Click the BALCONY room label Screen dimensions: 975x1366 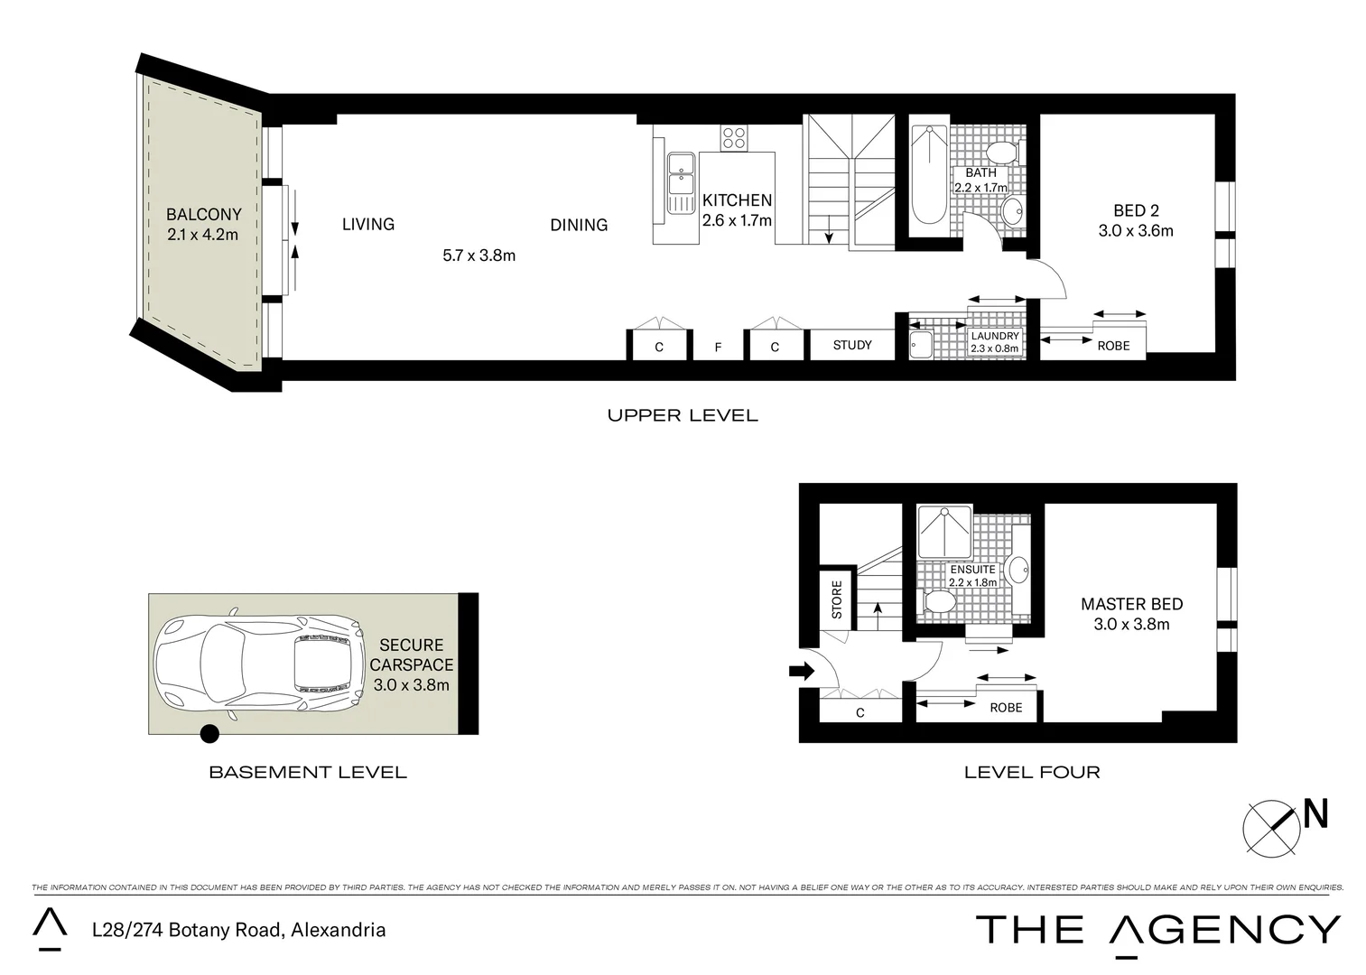point(203,215)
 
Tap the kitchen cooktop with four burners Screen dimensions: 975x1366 point(733,138)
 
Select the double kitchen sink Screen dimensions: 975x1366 point(681,183)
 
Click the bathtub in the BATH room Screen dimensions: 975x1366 point(928,175)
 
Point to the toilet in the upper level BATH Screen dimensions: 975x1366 point(1001,152)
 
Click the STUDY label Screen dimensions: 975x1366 point(851,345)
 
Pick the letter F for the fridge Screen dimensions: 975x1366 point(718,347)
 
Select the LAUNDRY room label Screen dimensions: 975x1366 point(994,336)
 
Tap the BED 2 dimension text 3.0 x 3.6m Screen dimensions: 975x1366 point(1135,231)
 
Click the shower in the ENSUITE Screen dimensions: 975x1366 point(944,533)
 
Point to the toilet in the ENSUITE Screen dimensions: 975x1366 point(941,601)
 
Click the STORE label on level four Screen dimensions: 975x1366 point(836,599)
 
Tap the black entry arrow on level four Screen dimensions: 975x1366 point(801,671)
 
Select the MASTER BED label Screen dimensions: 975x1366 point(1131,604)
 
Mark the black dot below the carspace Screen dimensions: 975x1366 point(209,734)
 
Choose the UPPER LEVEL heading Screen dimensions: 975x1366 point(682,415)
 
